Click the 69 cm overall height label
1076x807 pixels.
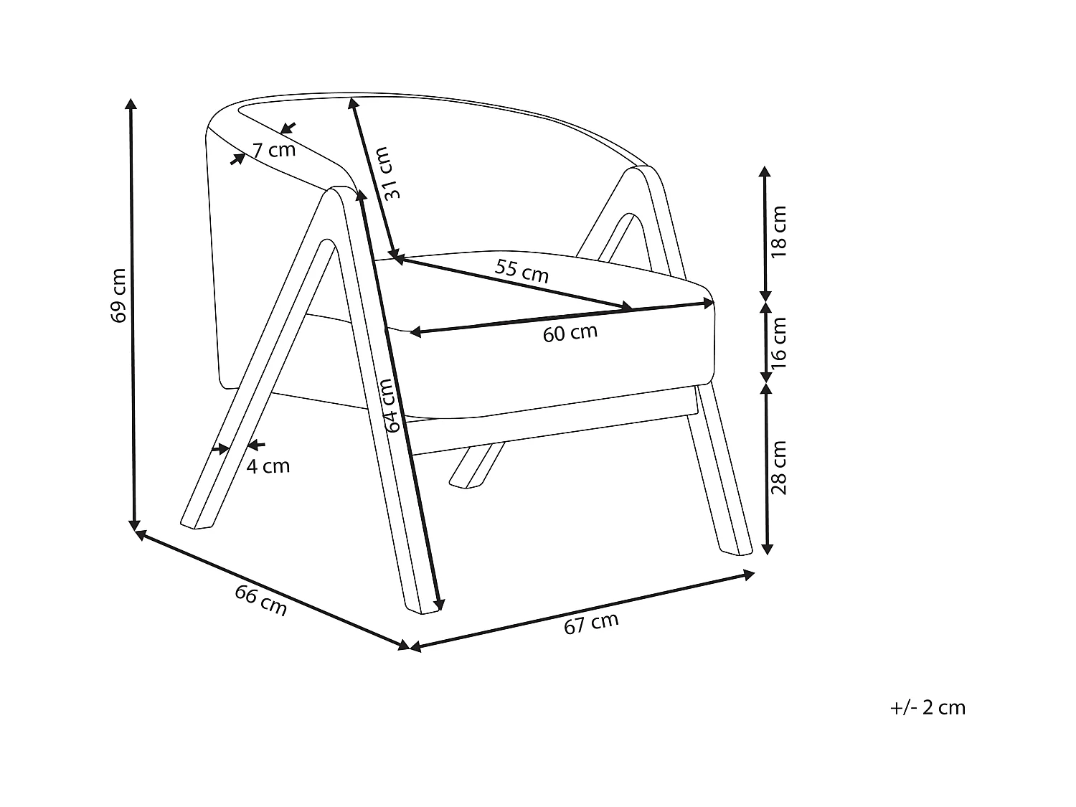click(119, 295)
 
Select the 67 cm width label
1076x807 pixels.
click(591, 623)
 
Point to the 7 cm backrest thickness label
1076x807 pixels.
click(273, 151)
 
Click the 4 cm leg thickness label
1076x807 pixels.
click(268, 466)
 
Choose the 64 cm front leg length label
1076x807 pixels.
click(389, 405)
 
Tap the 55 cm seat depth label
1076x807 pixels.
click(522, 271)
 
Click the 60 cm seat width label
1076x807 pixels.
click(570, 333)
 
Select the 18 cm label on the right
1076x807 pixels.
click(779, 232)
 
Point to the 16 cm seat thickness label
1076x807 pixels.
click(779, 343)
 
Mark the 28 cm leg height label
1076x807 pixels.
click(779, 467)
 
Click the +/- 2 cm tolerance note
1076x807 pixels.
click(928, 708)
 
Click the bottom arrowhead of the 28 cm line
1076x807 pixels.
click(767, 549)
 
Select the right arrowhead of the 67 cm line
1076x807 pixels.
click(750, 574)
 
